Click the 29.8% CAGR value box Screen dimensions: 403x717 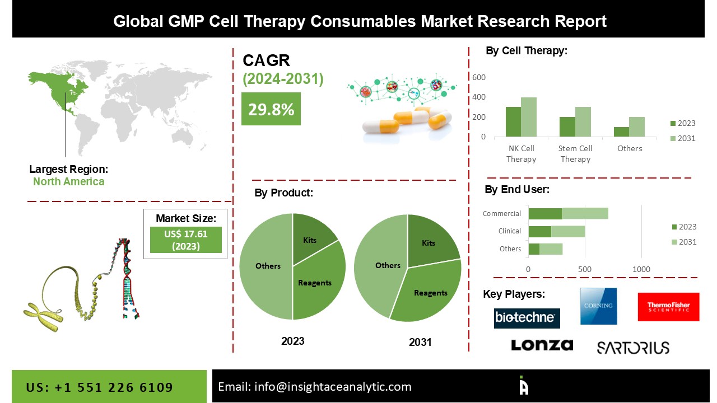(x=271, y=109)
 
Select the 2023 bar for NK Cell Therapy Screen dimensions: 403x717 (x=513, y=122)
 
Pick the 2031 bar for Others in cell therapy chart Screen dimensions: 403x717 (x=637, y=127)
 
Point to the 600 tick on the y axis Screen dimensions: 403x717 (x=479, y=77)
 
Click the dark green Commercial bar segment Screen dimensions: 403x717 (x=545, y=213)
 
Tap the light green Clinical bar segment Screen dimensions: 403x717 (x=568, y=231)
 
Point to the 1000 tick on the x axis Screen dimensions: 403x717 (x=641, y=270)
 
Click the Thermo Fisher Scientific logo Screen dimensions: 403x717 (x=668, y=307)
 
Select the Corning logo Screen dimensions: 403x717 (x=598, y=306)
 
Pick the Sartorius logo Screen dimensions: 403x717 (x=632, y=348)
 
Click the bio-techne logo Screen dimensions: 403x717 (x=527, y=318)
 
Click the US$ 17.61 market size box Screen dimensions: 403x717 (x=186, y=240)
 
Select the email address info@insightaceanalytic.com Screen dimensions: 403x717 (x=315, y=387)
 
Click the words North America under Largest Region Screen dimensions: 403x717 (x=68, y=181)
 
